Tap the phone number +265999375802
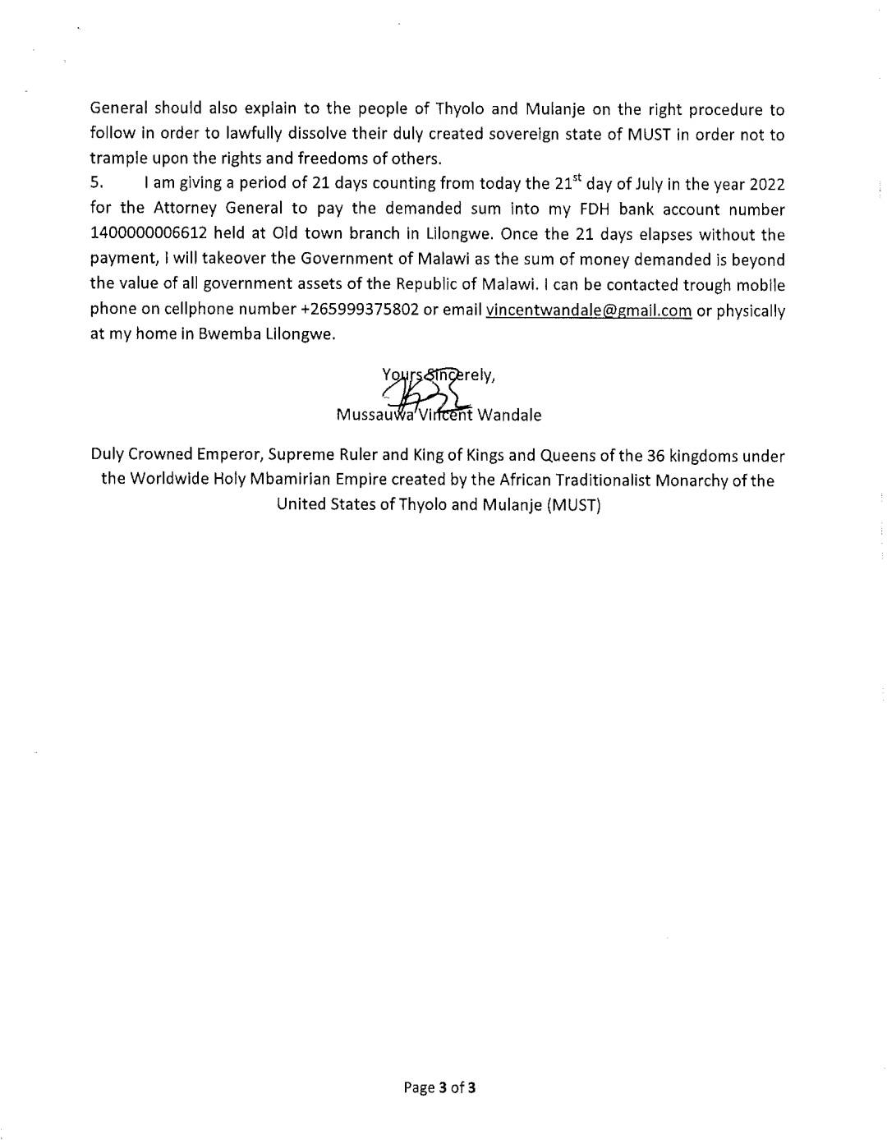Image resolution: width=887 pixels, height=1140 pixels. pos(356,310)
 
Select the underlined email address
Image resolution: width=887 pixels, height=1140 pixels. pos(589,310)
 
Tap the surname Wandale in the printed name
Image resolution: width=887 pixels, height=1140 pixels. pos(509,415)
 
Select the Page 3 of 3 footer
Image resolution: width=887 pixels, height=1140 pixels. pos(439,1087)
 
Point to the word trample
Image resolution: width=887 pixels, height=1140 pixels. pos(117,159)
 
